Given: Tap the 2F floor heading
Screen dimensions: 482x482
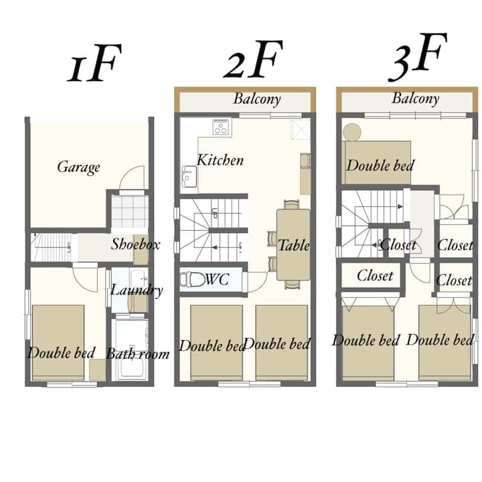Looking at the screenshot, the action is (x=253, y=60).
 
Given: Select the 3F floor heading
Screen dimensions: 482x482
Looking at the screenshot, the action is (x=418, y=57).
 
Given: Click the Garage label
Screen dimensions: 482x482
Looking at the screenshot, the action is (x=79, y=167).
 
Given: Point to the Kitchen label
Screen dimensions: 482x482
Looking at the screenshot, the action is (x=220, y=160).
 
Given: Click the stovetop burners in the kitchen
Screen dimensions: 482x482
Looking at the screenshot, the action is (x=221, y=127).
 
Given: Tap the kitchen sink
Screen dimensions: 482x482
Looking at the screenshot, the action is (x=189, y=177).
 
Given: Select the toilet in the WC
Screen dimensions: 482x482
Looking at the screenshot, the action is (x=192, y=279).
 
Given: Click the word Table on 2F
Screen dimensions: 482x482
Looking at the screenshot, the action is (x=294, y=245).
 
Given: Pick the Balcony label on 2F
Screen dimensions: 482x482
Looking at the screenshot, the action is (x=257, y=99).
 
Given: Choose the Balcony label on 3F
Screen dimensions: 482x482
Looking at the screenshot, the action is (x=415, y=98).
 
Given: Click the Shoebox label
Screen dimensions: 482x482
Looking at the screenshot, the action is (x=135, y=244).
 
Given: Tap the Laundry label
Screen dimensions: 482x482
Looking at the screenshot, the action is (x=137, y=290).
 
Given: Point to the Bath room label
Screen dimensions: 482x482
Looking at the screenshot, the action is (x=138, y=354).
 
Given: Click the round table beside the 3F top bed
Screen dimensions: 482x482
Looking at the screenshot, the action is (x=352, y=132).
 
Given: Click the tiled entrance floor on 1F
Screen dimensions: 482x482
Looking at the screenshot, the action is (x=130, y=212).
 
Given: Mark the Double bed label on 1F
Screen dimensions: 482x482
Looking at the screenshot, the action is (x=62, y=353).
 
